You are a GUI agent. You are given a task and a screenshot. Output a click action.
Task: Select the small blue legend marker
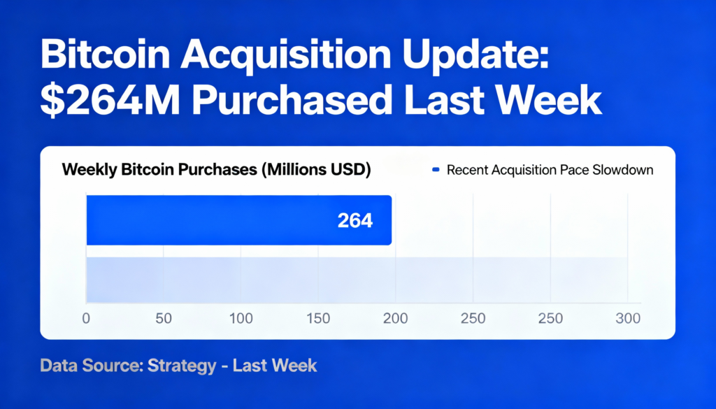click(x=436, y=170)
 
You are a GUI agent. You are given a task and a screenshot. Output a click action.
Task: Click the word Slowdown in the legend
click(x=622, y=170)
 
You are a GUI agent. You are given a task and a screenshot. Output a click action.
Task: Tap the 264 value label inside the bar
click(x=355, y=221)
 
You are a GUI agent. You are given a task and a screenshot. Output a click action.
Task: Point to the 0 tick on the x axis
click(x=87, y=319)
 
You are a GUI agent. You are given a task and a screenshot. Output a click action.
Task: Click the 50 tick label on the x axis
click(x=164, y=319)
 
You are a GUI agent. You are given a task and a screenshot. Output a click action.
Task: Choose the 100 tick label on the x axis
click(x=241, y=319)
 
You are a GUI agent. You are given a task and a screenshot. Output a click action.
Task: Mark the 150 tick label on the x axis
click(x=318, y=319)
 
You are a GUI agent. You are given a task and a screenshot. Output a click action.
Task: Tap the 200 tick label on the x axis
click(x=396, y=319)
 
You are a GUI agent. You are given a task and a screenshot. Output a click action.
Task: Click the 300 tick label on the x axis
click(x=628, y=319)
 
